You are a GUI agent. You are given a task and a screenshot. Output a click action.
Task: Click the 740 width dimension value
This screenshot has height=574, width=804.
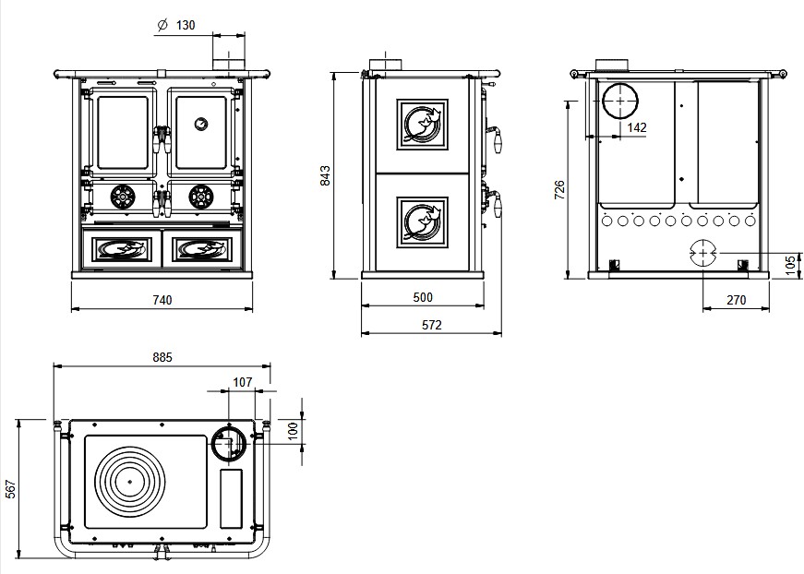click(x=162, y=299)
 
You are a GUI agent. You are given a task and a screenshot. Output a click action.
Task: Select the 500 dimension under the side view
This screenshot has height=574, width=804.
click(x=423, y=297)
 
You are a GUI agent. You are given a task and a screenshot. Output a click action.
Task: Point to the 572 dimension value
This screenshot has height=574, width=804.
click(x=430, y=324)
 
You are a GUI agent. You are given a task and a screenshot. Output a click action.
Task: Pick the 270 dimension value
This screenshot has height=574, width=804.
click(x=736, y=299)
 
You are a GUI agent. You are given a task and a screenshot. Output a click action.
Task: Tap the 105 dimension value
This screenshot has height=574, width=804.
click(x=788, y=264)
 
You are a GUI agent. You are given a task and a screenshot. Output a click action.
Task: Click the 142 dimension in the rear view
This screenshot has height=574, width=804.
click(x=636, y=128)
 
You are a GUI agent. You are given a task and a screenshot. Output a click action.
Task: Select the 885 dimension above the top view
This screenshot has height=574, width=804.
click(x=162, y=357)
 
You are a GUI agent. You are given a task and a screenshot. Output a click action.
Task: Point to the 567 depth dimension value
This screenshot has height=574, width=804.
click(x=11, y=488)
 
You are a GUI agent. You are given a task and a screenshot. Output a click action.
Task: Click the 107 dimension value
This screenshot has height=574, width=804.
click(x=242, y=381)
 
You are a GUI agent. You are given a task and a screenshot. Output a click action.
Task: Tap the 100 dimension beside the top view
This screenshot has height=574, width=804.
click(x=293, y=431)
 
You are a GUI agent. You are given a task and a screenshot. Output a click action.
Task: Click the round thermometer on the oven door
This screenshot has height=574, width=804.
click(x=200, y=122)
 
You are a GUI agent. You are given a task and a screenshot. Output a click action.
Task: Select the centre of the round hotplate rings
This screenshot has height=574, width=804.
click(x=130, y=481)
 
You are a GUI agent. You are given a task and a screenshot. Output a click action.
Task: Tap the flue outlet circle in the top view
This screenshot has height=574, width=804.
click(x=226, y=444)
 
